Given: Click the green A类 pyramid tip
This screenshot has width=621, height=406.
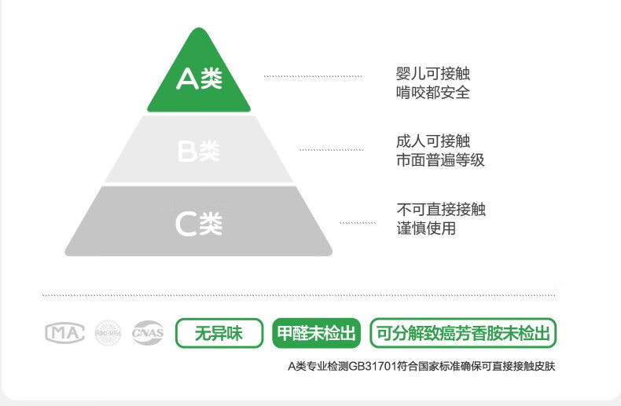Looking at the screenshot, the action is click(x=198, y=79).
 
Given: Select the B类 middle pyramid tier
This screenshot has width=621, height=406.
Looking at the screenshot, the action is click(x=198, y=150).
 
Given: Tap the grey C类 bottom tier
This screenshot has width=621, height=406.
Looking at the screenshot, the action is click(x=198, y=223).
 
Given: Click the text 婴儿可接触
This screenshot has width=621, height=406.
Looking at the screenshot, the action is click(x=433, y=74).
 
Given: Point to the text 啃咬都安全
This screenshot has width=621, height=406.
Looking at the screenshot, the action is click(x=433, y=93).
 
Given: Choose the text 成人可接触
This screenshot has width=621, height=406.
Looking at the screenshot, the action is click(x=433, y=142).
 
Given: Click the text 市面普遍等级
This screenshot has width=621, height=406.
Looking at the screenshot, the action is click(x=440, y=160).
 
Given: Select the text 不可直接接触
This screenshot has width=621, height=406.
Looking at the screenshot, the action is click(x=441, y=210).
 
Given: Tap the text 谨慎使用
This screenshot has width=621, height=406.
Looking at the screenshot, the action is click(x=426, y=229).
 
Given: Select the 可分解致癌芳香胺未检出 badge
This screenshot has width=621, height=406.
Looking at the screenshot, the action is click(x=463, y=333).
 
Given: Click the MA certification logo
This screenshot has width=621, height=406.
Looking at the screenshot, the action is click(x=64, y=333).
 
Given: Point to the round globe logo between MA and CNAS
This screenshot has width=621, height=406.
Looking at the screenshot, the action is click(x=108, y=333).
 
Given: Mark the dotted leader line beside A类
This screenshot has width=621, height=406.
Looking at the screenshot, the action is click(x=313, y=76).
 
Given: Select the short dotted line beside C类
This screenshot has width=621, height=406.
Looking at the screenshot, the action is click(x=358, y=223).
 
